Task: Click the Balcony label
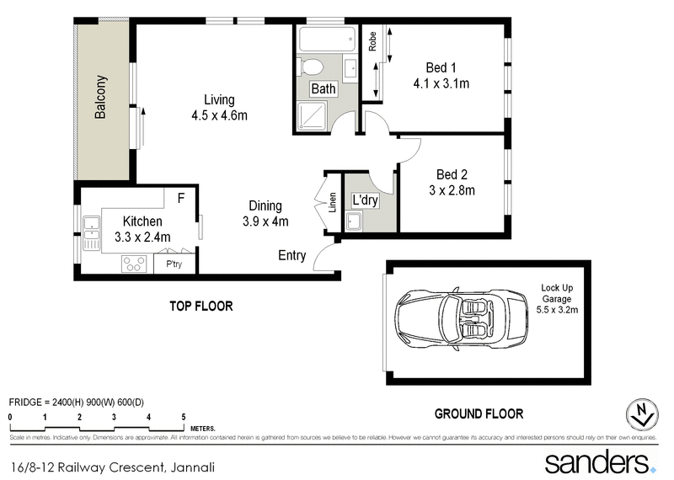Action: coord(101,97)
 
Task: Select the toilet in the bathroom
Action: coord(312,67)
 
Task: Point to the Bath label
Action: coord(324,88)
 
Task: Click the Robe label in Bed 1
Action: coord(372,42)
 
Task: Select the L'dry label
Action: coord(365,201)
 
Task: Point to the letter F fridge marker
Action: coord(179,198)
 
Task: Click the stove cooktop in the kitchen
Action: coord(133,264)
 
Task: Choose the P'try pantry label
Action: coord(174,264)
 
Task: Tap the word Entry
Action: coord(292,255)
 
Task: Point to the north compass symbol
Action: coord(643,413)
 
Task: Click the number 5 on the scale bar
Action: coord(184,417)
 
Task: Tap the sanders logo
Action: coord(597,462)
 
